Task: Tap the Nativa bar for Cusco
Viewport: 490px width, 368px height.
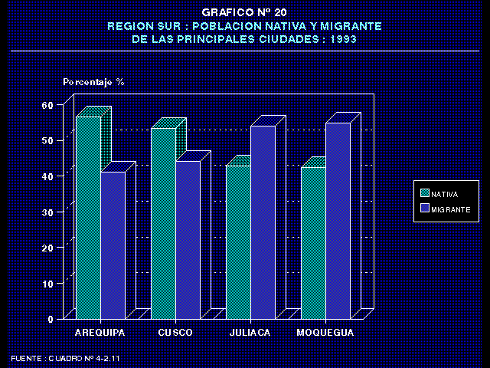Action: (x=163, y=223)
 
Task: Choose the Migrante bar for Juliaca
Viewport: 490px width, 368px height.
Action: (x=263, y=222)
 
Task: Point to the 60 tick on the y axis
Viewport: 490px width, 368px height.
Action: (x=47, y=104)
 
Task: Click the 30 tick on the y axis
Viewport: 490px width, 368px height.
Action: (x=47, y=212)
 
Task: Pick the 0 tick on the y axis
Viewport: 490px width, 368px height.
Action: (x=51, y=319)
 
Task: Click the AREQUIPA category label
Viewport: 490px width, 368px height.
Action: (x=100, y=333)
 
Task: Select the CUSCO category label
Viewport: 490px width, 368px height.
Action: (x=175, y=333)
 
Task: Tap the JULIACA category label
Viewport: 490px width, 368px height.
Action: (x=250, y=333)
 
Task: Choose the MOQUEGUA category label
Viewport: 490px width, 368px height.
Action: (x=325, y=333)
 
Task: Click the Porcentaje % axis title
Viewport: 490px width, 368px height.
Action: (x=93, y=81)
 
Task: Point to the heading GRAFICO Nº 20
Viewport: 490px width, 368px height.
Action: (x=245, y=12)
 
